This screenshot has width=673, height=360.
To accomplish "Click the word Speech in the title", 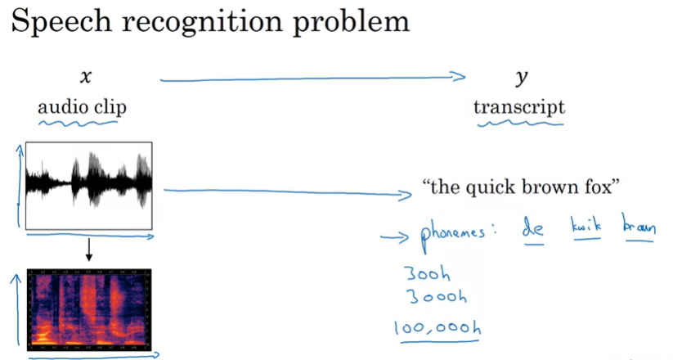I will [60, 22].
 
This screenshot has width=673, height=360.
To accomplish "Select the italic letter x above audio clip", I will [84, 78].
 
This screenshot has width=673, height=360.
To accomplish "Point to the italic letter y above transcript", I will [521, 79].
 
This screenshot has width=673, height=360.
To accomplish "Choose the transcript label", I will [519, 107].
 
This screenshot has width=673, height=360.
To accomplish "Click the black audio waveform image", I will [89, 186].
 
